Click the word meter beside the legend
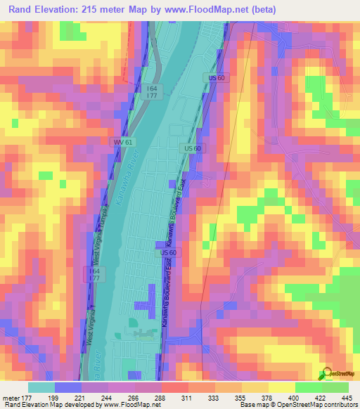click(x=12, y=398)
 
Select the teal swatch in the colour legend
click(x=41, y=387)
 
